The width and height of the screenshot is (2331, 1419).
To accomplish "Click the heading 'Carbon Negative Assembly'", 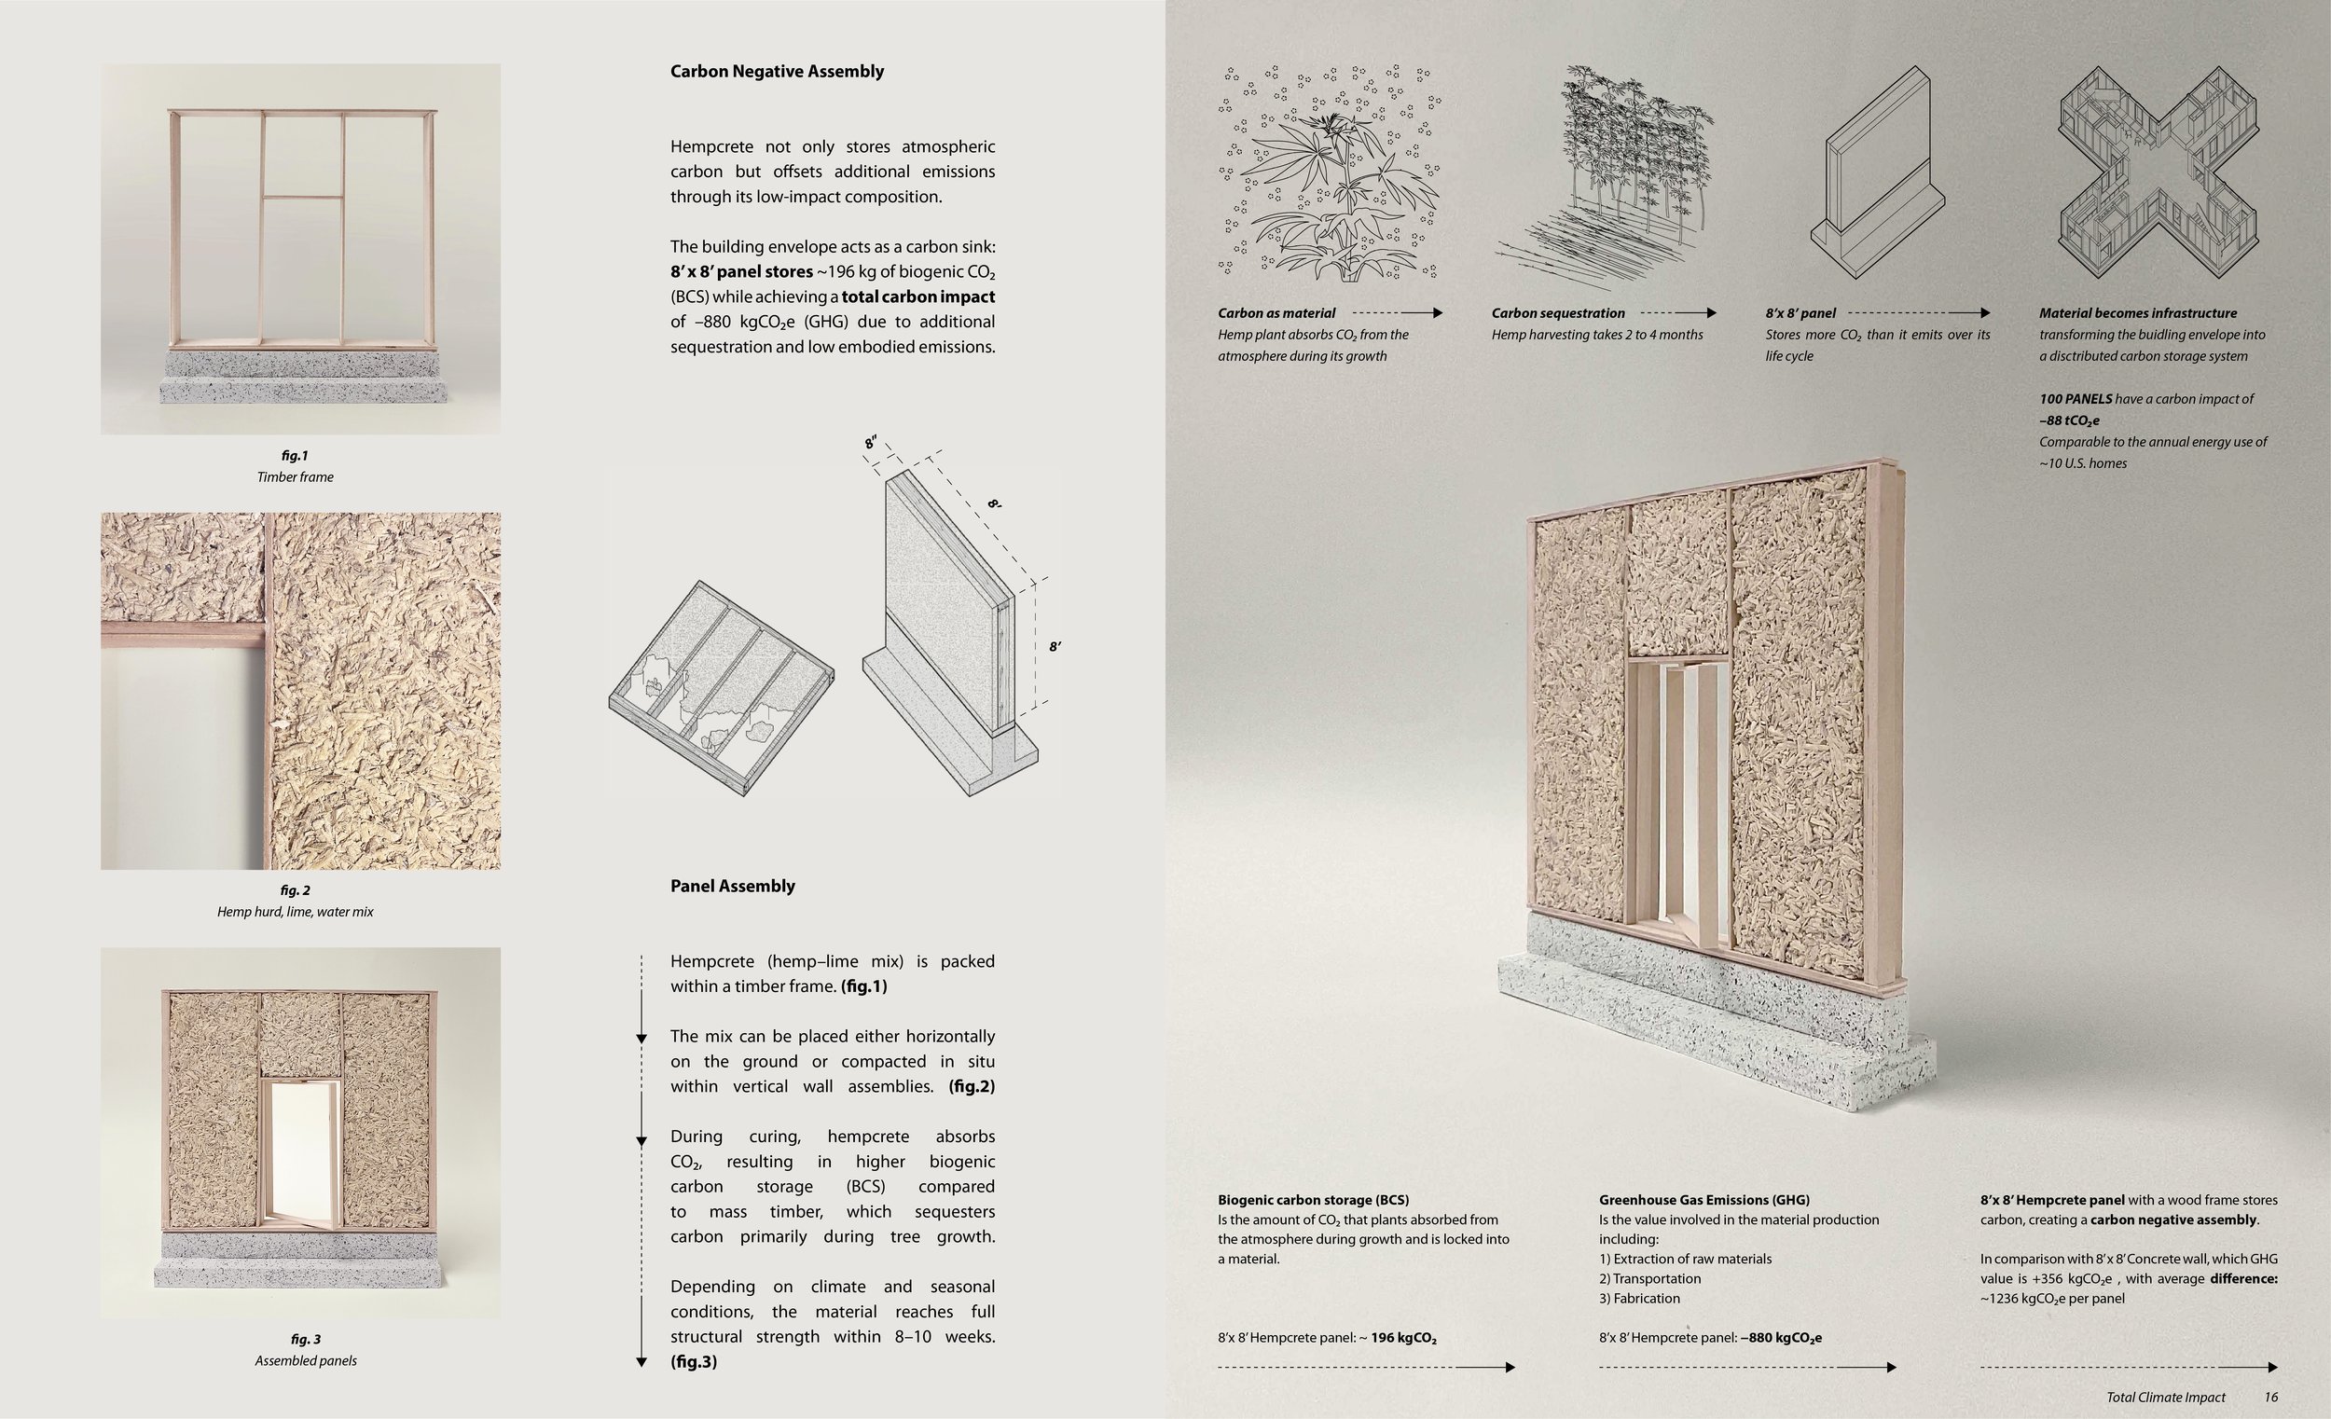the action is (777, 72).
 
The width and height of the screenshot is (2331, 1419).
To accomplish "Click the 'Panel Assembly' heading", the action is (732, 887).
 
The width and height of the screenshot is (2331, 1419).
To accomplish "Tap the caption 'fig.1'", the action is (295, 456).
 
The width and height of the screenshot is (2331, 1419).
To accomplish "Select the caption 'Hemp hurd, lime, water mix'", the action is (296, 912).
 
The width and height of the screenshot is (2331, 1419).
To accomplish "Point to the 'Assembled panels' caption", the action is (306, 1361).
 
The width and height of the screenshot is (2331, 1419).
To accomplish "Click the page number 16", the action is (2270, 1398).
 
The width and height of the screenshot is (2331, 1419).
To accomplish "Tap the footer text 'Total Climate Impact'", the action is (2165, 1398).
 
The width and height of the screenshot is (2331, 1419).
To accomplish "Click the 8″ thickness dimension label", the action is (871, 443).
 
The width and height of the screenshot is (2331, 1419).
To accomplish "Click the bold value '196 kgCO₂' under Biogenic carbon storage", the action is (1403, 1339).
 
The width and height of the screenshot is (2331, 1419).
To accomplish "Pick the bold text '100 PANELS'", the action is (2076, 399).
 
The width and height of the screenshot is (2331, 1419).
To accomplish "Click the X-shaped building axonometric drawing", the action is (2158, 172).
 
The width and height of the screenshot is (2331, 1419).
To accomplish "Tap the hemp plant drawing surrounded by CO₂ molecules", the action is (1330, 173).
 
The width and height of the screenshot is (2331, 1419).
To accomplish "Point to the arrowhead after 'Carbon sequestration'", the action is (1710, 313).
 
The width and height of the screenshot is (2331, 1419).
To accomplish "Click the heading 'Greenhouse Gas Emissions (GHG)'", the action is (1703, 1201).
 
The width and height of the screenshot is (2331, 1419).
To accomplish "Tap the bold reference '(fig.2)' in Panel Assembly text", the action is (972, 1087).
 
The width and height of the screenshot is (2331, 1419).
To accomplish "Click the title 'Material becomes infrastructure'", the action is (2138, 313).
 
